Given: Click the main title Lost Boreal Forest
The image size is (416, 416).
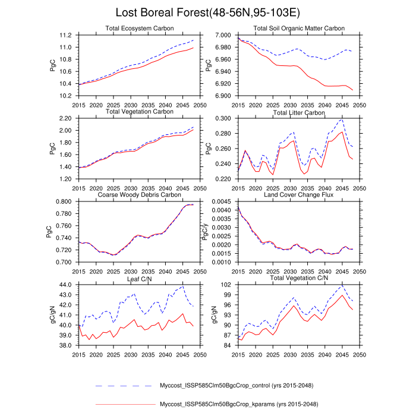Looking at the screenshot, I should click(207, 12).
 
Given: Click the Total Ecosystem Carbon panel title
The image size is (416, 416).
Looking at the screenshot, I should click(140, 29).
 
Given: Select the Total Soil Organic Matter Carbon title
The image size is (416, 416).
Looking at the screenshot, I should click(300, 29).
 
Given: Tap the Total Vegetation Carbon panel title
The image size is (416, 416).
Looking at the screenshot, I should click(140, 112).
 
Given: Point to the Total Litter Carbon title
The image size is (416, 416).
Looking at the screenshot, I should click(300, 112).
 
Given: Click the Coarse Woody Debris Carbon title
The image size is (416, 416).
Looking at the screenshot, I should click(140, 195).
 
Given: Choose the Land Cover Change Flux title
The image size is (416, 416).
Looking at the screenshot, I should click(300, 195).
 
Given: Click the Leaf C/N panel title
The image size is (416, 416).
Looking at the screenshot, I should click(140, 278).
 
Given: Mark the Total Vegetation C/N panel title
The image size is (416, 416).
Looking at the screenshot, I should click(300, 278).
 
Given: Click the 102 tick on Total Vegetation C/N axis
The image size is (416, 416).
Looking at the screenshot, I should click(225, 285).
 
